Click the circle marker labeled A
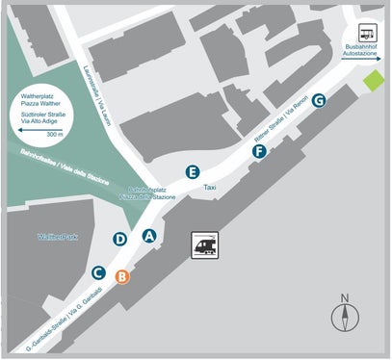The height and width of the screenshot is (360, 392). coord(149,235)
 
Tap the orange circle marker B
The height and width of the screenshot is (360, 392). coord(122,277)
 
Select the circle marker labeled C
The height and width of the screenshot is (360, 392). coord(98,270)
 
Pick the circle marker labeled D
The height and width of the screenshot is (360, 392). coord(120,239)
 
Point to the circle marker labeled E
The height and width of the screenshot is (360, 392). coord(194,172)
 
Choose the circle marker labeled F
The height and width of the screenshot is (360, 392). coord(260,150)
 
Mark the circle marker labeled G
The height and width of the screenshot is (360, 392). coord(319,100)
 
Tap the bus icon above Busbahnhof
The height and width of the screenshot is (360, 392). coord(368,31)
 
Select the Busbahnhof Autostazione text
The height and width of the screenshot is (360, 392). coord(362,51)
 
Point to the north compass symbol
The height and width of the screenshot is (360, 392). coord(345,314)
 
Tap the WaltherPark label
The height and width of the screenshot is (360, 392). coord(56,235)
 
